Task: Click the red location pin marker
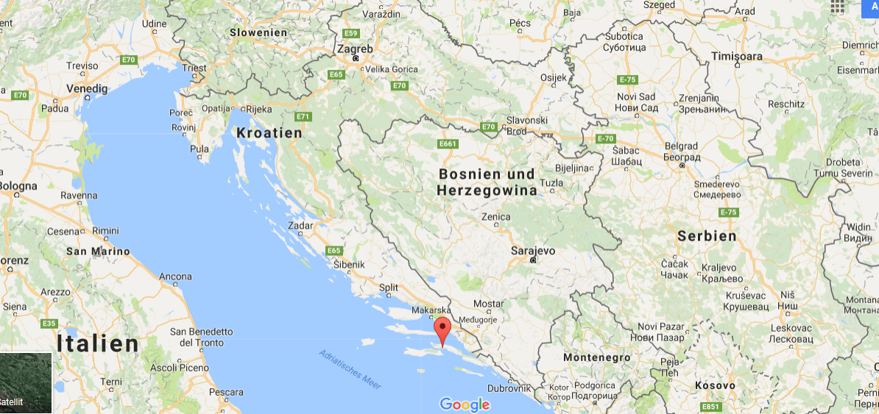pos(442,330)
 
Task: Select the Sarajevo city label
pos(533,250)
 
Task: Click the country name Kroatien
pos(269,133)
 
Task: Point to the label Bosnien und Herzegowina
pos(487,182)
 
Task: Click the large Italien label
pos(98,343)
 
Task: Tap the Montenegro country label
pos(597,357)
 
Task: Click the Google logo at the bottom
pos(465,404)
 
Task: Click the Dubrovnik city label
pos(509,388)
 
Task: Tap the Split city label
pos(388,288)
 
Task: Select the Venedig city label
pos(87,88)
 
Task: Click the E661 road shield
pos(447,144)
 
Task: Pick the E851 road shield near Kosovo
pos(710,407)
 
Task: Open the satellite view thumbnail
pos(26,383)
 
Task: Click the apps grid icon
pos(837,7)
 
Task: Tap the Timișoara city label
pos(737,56)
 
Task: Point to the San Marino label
pos(98,251)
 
